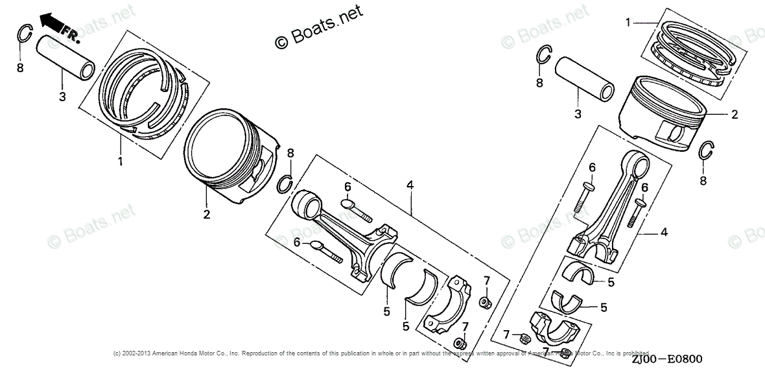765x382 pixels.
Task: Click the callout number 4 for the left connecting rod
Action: click(410, 185)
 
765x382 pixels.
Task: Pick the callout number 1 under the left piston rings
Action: click(120, 161)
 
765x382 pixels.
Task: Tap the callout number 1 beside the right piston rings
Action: click(628, 23)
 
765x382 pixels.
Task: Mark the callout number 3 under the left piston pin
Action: click(62, 97)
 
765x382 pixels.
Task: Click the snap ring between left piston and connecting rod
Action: click(285, 184)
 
